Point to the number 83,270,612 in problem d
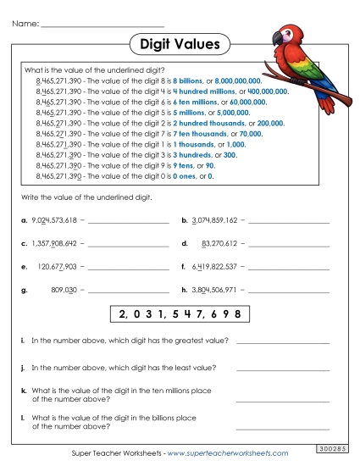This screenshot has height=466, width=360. [219, 243]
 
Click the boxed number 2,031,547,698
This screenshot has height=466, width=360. [180, 314]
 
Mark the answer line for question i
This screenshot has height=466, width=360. [283, 343]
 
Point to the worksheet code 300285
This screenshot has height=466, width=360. [337, 448]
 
